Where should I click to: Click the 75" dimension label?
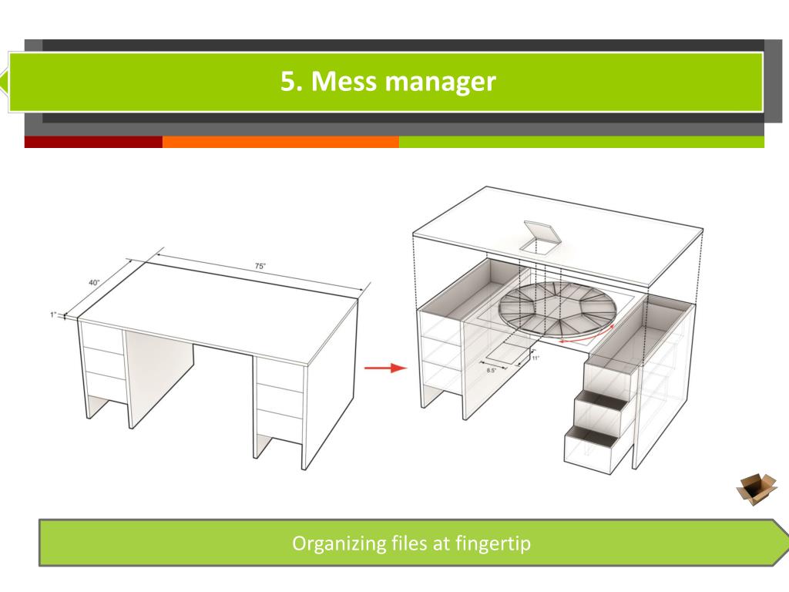click(x=260, y=266)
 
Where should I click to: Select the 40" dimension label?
click(x=94, y=282)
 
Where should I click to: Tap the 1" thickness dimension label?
click(x=53, y=314)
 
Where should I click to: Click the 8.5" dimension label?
click(x=491, y=371)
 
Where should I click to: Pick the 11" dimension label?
click(x=535, y=358)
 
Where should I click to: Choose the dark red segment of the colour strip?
click(x=93, y=142)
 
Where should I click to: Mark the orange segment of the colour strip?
click(x=280, y=142)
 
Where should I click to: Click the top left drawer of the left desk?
click(x=102, y=338)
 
